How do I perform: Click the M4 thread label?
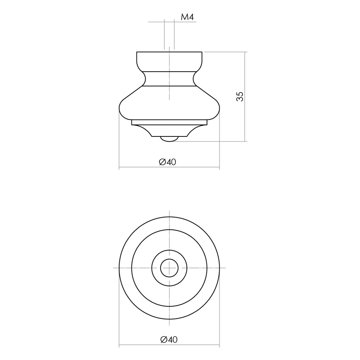coord(187,17)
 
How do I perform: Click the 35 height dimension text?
coord(240,96)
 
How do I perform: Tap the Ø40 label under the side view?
coord(168,162)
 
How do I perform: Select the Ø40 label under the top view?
coord(169,339)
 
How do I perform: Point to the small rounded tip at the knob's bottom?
coord(170,139)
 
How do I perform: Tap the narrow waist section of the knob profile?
coord(170,79)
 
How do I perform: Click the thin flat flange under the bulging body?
coord(170,122)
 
